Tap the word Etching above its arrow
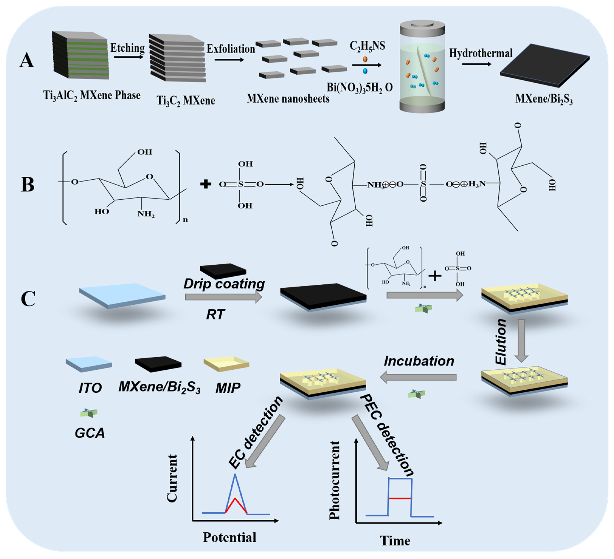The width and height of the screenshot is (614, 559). tap(127, 48)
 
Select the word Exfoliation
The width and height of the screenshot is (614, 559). tap(231, 49)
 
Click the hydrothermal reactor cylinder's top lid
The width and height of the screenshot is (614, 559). tap(422, 27)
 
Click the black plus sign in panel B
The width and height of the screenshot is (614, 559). tap(206, 184)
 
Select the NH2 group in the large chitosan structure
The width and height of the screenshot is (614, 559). tap(146, 214)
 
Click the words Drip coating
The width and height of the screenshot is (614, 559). tap(224, 284)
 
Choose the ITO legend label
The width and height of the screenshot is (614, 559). tap(90, 388)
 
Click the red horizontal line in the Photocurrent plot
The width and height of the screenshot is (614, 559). tap(400, 498)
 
